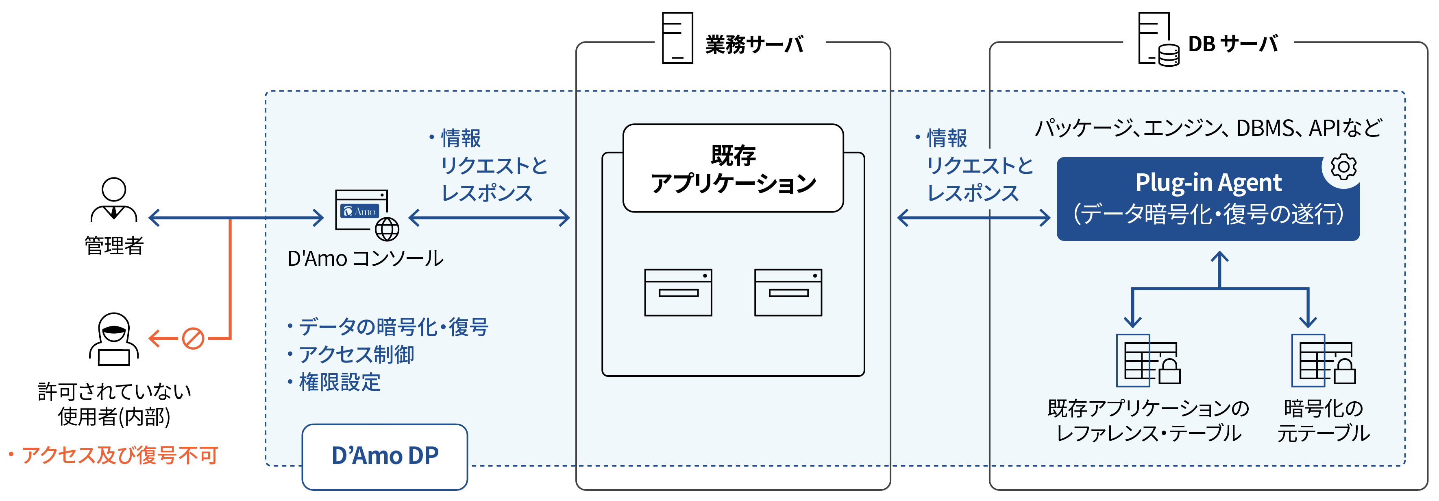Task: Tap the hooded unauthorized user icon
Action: point(114,339)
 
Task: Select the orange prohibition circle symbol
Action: point(193,338)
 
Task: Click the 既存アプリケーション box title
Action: point(733,169)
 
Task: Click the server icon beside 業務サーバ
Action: point(677,38)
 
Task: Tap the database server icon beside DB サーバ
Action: point(1158,40)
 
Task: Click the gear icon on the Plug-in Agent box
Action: point(1343,166)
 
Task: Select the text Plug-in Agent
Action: point(1208,183)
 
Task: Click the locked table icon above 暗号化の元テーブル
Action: point(1323,361)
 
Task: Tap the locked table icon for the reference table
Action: point(1148,361)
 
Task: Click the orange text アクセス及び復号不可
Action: point(120,455)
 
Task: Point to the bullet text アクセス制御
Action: point(357,354)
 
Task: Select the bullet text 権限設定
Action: point(340,383)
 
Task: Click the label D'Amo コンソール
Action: point(365,259)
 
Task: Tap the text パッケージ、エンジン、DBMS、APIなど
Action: point(1208,128)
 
